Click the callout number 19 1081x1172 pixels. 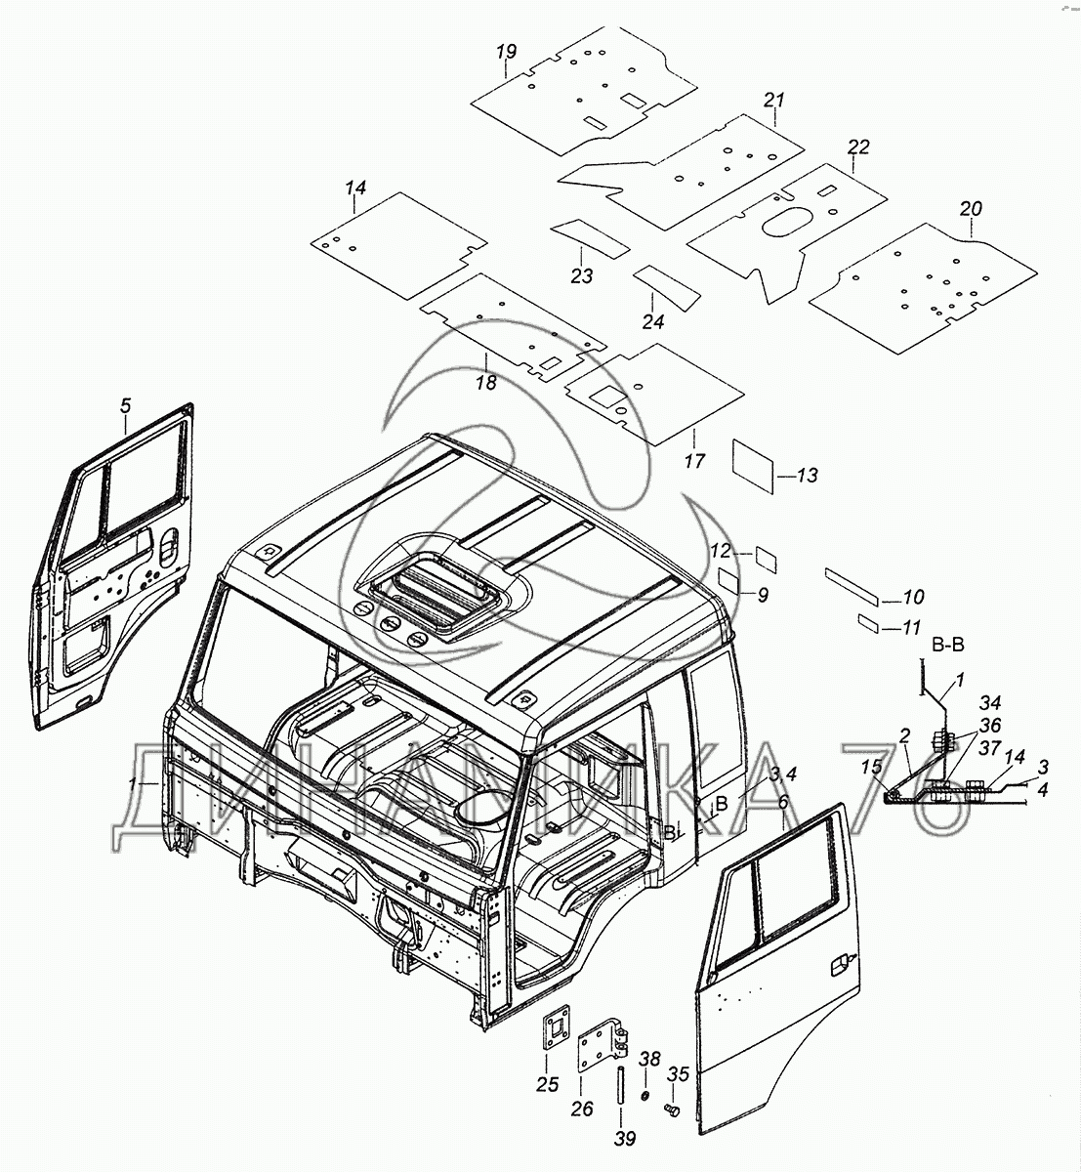(506, 52)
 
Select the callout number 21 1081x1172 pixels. (774, 101)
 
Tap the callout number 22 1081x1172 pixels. (858, 147)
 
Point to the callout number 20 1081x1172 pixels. (971, 209)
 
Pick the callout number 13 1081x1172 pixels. (807, 477)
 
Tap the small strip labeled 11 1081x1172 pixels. (866, 623)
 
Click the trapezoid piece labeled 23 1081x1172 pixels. (588, 238)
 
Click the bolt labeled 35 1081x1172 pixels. (672, 1109)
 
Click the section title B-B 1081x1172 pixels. (947, 645)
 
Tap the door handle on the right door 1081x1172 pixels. (837, 966)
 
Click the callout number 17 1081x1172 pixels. (694, 462)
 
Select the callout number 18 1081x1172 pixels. (486, 383)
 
